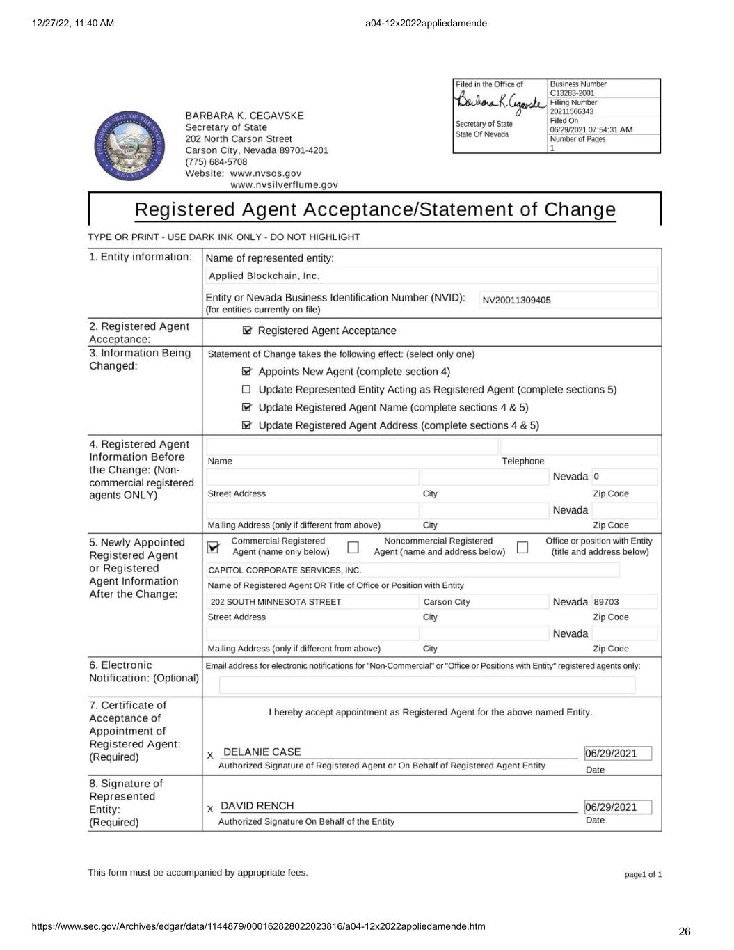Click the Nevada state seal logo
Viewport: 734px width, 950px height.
130,145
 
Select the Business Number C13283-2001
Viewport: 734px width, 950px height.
572,93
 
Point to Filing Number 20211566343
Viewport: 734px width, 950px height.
571,111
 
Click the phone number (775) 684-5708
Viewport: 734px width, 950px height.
216,162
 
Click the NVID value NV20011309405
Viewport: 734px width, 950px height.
516,301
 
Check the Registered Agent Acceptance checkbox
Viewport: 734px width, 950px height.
247,331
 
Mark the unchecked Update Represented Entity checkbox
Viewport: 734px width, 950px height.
246,390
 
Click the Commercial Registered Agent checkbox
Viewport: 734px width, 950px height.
214,548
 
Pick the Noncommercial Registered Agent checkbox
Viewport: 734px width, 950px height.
353,547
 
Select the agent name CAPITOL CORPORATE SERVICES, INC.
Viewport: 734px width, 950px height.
285,571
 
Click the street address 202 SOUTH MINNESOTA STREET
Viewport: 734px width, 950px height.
276,602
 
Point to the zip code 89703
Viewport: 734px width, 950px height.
606,602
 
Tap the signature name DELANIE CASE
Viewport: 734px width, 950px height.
262,752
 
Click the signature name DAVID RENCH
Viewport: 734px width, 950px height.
257,806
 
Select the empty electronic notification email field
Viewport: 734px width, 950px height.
426,686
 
